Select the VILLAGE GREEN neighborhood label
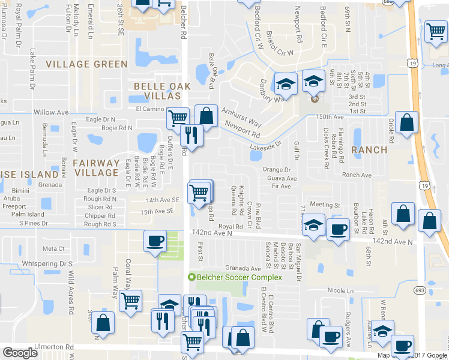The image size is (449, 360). (x=87, y=64)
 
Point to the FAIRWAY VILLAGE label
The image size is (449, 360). (x=96, y=167)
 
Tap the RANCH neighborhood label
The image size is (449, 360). (x=370, y=149)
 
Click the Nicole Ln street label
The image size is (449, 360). (x=341, y=290)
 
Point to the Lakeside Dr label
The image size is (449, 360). (x=266, y=146)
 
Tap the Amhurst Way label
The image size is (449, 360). (x=241, y=117)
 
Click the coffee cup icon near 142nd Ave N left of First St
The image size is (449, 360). (x=155, y=241)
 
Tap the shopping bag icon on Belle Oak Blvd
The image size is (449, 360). (x=206, y=116)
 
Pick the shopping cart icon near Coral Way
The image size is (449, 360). (x=130, y=301)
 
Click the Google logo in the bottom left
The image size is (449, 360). (x=20, y=353)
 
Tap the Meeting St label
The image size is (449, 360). (x=325, y=205)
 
